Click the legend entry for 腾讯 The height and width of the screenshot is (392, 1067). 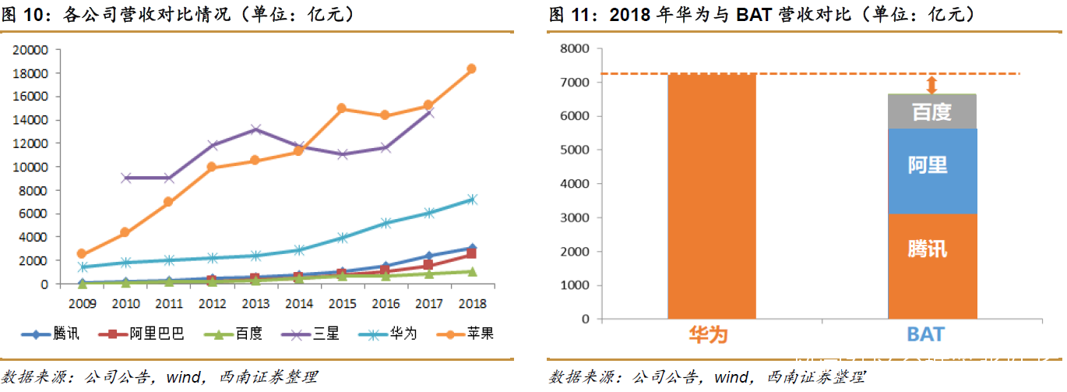[x=50, y=334]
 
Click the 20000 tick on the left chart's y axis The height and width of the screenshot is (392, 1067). [x=32, y=50]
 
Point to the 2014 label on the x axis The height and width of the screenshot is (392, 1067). [x=299, y=304]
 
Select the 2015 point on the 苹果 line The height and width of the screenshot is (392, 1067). [x=341, y=108]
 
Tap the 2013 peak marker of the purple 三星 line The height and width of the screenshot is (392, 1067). [x=255, y=129]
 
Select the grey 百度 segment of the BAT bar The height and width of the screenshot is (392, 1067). [x=932, y=111]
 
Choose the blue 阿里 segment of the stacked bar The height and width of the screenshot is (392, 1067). [x=932, y=171]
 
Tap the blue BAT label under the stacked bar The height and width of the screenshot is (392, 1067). [x=925, y=335]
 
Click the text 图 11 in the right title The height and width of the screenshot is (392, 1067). [x=567, y=15]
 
